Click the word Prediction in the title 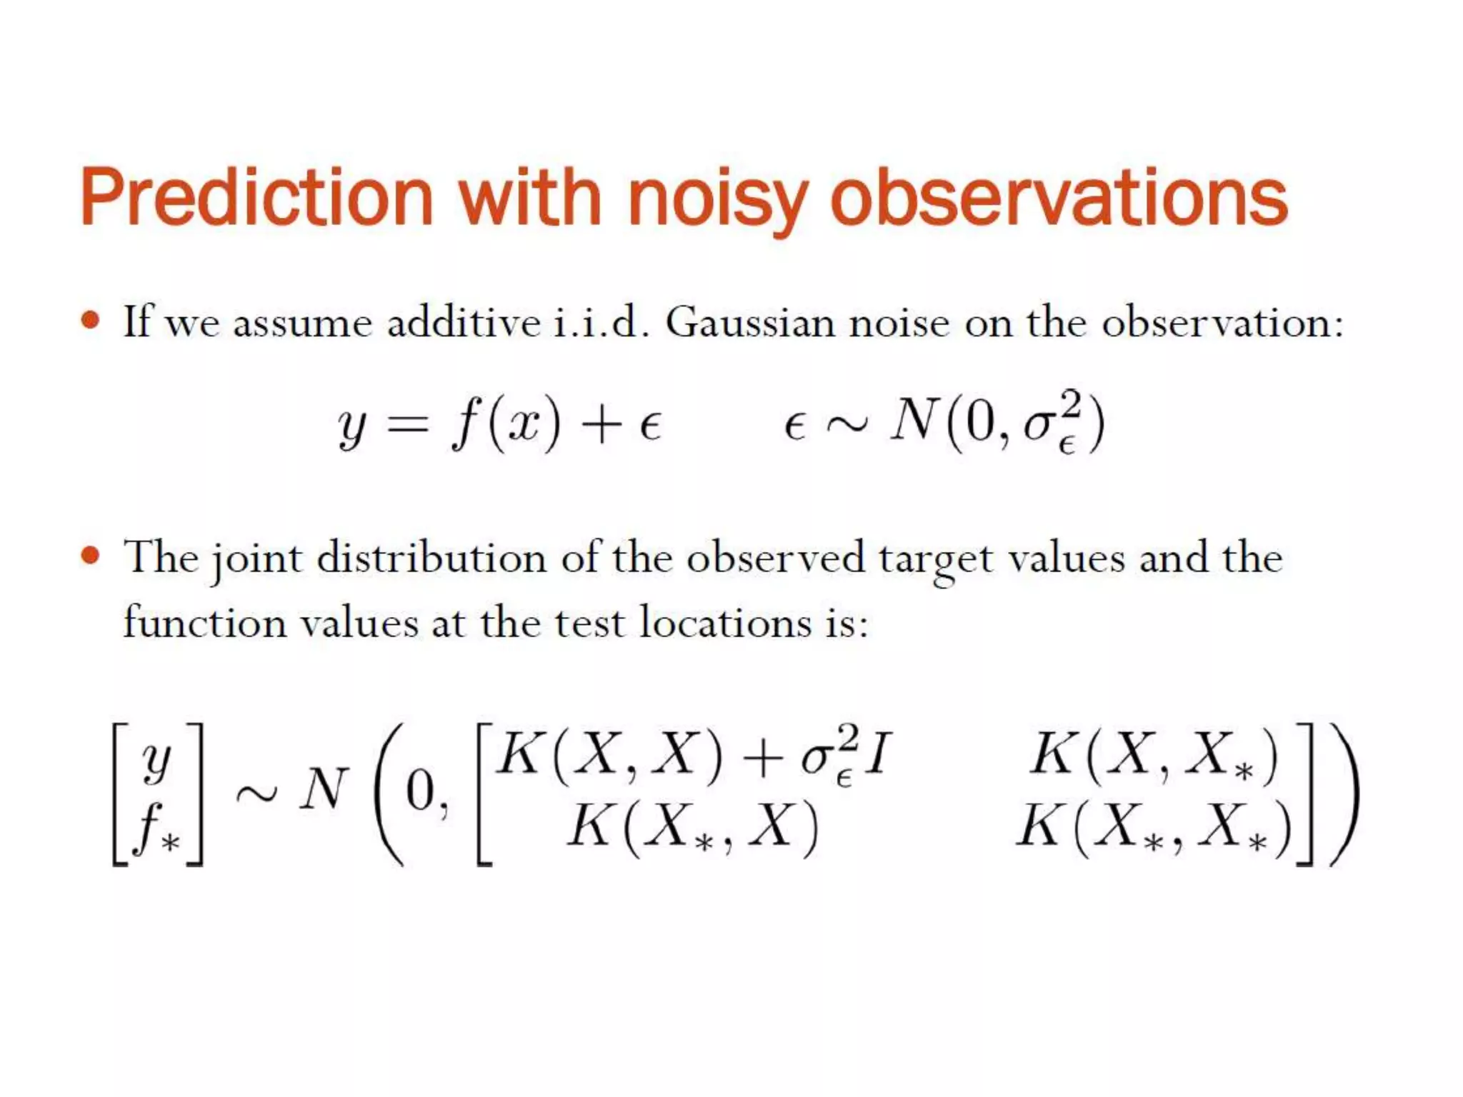click(257, 196)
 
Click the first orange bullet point click(90, 319)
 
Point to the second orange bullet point click(90, 555)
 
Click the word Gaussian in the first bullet click(750, 323)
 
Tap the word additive click(463, 323)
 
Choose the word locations click(726, 623)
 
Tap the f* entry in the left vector click(157, 828)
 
